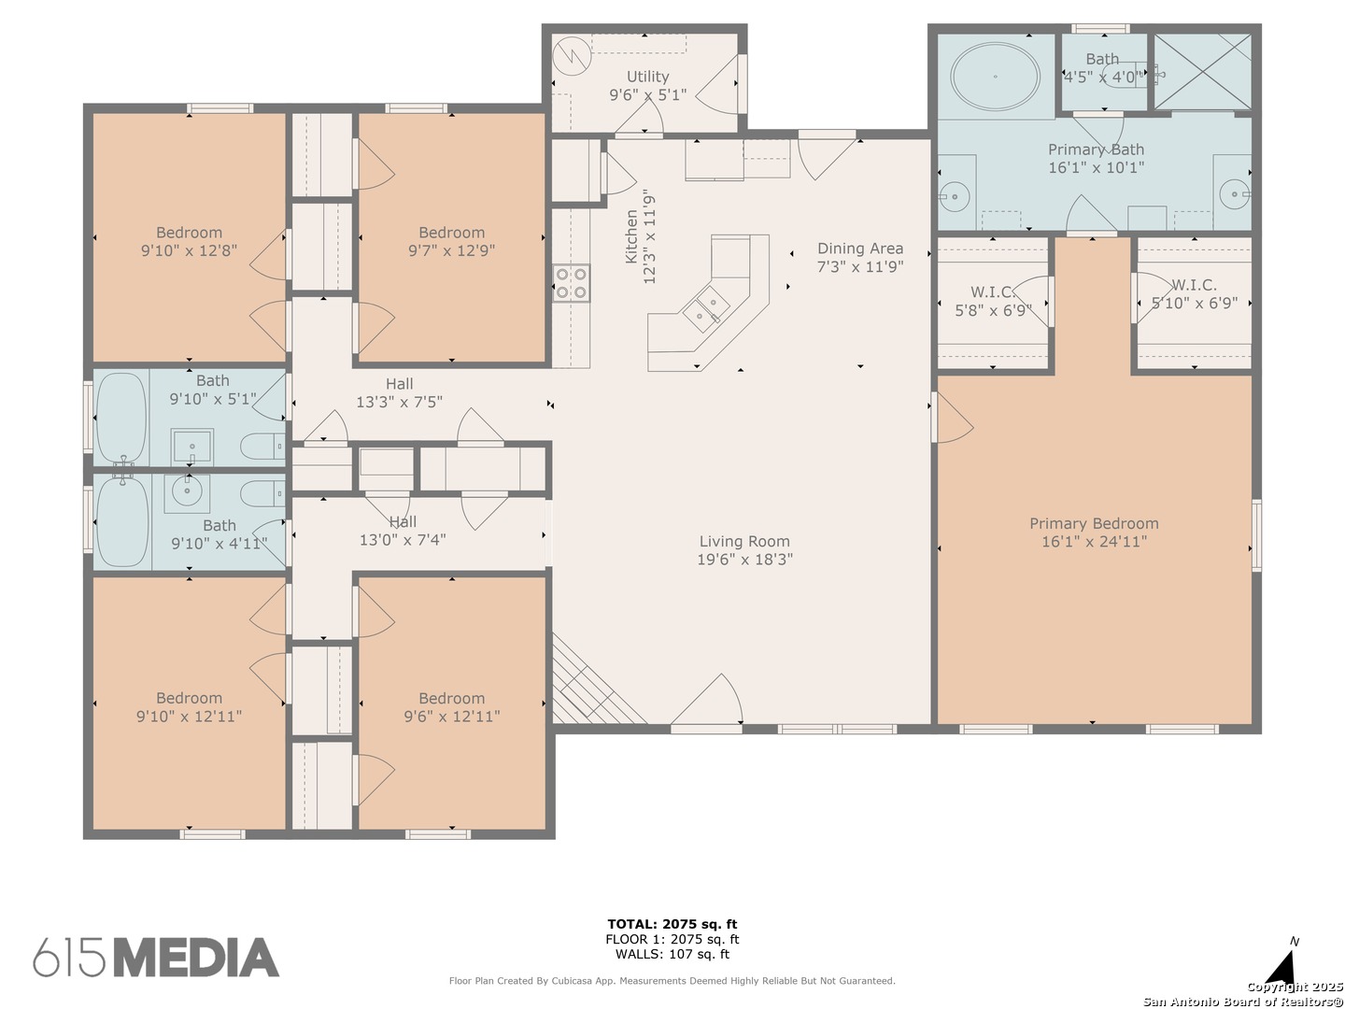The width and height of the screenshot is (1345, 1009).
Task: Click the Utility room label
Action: [x=647, y=77]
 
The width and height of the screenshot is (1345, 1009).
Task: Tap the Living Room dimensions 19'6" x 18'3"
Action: [x=744, y=560]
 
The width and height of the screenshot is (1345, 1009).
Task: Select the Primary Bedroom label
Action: [x=1094, y=524]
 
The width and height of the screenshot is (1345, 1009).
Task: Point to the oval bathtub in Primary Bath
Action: [x=995, y=77]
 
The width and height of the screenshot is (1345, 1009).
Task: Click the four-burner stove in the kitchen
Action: [x=571, y=283]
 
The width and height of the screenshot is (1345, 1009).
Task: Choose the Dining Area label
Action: [x=859, y=249]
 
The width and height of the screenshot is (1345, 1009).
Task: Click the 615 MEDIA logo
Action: [x=156, y=957]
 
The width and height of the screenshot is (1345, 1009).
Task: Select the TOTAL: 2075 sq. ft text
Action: [x=672, y=924]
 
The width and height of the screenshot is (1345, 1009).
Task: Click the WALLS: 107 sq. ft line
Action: [x=672, y=954]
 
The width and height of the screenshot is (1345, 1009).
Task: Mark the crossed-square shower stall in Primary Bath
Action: [x=1202, y=71]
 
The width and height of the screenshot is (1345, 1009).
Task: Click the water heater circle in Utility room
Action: [x=572, y=56]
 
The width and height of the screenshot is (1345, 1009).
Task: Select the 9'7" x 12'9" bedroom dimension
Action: [x=451, y=250]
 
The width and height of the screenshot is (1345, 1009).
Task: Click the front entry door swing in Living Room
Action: [x=706, y=699]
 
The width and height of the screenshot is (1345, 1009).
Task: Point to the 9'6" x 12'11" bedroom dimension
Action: [x=451, y=717]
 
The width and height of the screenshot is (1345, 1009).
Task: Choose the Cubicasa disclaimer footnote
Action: [x=672, y=981]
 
